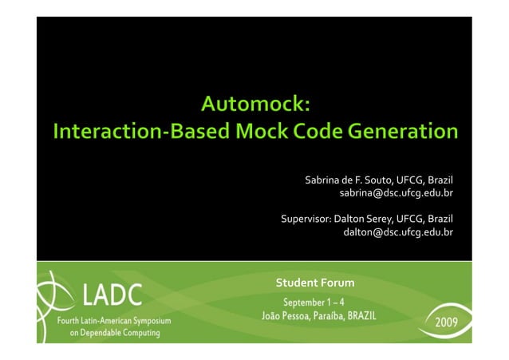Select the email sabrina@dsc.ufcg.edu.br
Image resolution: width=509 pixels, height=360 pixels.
[x=396, y=193]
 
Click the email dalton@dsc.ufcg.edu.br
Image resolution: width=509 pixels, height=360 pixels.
[x=397, y=232]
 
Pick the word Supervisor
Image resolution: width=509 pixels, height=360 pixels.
[x=304, y=219]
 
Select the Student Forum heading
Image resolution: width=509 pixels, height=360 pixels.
[x=314, y=283]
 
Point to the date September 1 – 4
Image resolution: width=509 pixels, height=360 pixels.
[x=314, y=302]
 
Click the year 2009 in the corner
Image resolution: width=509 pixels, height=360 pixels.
[x=445, y=326]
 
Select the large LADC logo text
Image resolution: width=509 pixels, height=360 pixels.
[x=112, y=297]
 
